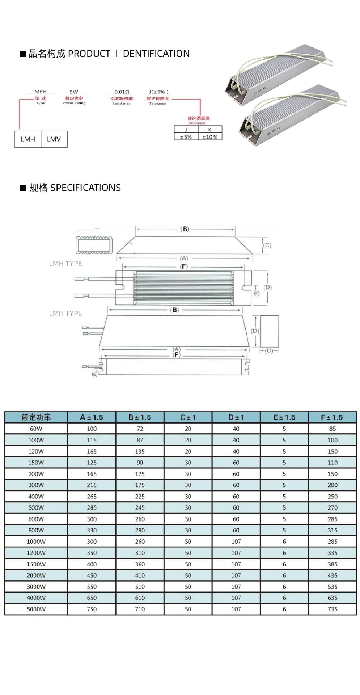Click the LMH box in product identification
[28, 139]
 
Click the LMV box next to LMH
[54, 139]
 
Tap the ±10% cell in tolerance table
[210, 137]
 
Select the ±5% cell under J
[186, 137]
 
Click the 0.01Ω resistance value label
[122, 92]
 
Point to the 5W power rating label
[74, 92]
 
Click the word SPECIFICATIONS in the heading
[85, 188]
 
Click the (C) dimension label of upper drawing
[267, 245]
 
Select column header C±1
[188, 417]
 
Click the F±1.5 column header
[332, 417]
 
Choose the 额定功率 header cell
[36, 417]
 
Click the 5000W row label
[36, 609]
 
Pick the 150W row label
[36, 463]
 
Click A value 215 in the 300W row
[92, 485]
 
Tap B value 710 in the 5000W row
[140, 609]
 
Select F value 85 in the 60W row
[332, 429]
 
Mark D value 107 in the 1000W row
[236, 542]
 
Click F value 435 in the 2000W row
[332, 575]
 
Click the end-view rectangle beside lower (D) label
[270, 331]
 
